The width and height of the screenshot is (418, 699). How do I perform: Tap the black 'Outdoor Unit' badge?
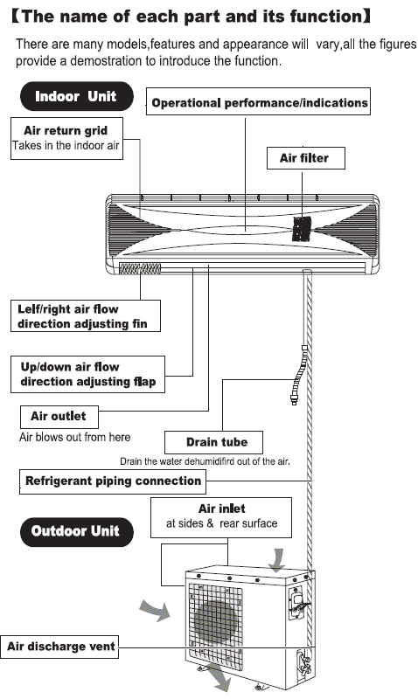coord(75,531)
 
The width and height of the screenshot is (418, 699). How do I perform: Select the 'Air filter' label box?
coord(304,158)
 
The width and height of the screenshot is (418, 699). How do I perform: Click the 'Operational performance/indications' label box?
coord(259,103)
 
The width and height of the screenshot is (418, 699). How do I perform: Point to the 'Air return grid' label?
coord(66,131)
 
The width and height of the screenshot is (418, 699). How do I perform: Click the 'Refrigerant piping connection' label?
coord(113,481)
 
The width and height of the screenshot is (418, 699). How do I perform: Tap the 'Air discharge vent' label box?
coord(60,647)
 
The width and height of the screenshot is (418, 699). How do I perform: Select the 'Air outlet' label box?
coord(59,417)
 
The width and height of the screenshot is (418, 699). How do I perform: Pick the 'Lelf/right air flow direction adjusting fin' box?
coord(88,316)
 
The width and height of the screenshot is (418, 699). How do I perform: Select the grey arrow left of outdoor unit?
coord(157,609)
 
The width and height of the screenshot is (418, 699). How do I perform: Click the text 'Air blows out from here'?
coord(74,436)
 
